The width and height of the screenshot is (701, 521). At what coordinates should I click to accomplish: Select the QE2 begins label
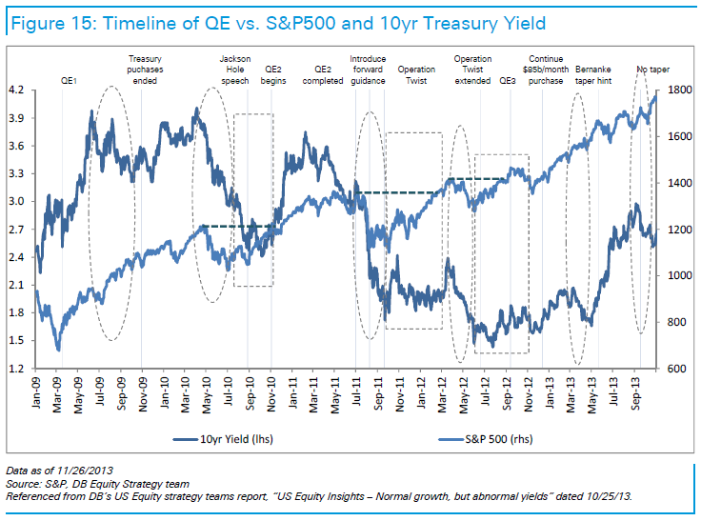(273, 75)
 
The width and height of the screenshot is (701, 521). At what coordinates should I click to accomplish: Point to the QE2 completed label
(322, 75)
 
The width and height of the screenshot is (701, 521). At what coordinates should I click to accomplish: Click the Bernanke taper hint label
(600, 75)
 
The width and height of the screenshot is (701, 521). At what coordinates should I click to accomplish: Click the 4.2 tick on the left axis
(15, 90)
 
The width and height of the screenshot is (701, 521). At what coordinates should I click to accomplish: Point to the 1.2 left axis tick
(15, 369)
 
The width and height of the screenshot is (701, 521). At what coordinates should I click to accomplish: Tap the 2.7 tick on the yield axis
(15, 230)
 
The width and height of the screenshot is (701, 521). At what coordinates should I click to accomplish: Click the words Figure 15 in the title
(49, 21)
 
